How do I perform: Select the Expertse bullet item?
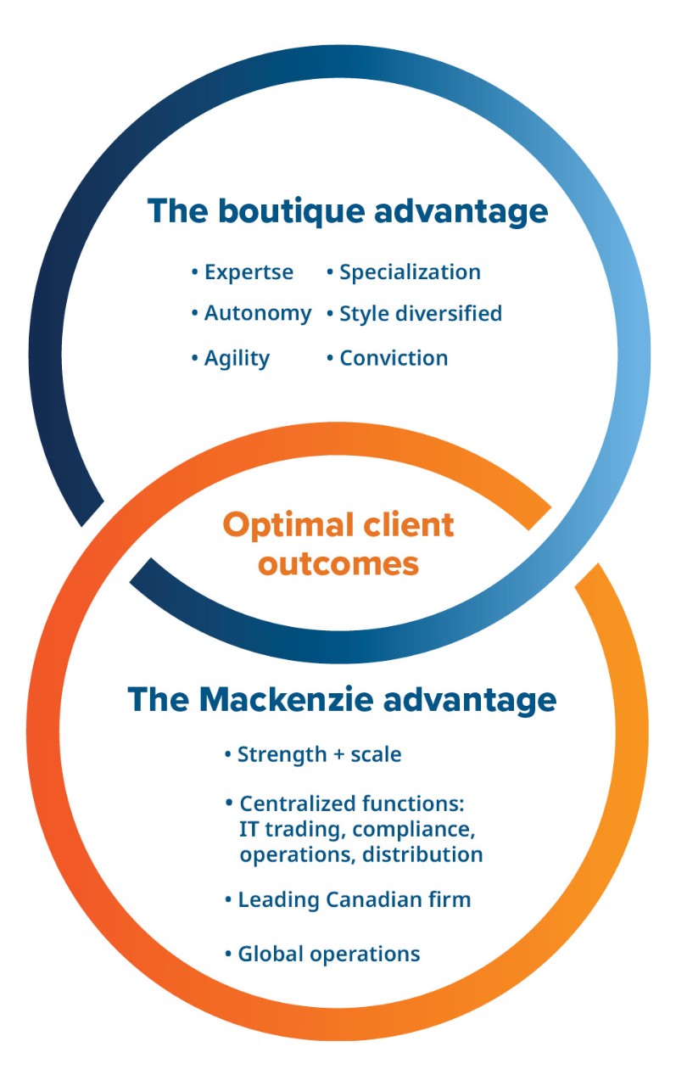pyautogui.click(x=243, y=272)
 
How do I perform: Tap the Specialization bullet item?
pyautogui.click(x=404, y=272)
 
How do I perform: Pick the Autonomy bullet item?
pyautogui.click(x=252, y=314)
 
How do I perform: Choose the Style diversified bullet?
pyautogui.click(x=414, y=313)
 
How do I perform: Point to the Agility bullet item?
pyautogui.click(x=231, y=359)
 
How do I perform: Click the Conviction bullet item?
pyautogui.click(x=387, y=358)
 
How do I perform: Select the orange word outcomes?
pyautogui.click(x=338, y=564)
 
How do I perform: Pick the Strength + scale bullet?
pyautogui.click(x=313, y=755)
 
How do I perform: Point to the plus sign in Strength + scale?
pyautogui.click(x=339, y=755)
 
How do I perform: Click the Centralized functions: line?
pyautogui.click(x=345, y=803)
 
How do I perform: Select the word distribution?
pyautogui.click(x=422, y=854)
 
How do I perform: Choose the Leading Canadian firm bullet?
pyautogui.click(x=348, y=900)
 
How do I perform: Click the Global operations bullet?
pyautogui.click(x=322, y=954)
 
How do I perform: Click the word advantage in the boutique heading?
pyautogui.click(x=461, y=212)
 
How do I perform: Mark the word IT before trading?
pyautogui.click(x=249, y=829)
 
